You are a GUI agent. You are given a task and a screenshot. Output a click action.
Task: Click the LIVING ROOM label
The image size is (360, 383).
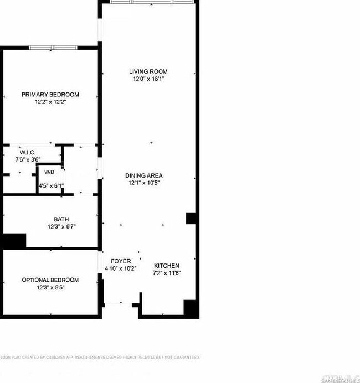(x=148, y=71)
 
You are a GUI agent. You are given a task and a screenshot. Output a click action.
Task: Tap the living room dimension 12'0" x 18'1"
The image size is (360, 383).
(x=148, y=79)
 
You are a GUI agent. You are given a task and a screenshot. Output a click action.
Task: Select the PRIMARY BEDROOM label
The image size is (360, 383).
(x=50, y=95)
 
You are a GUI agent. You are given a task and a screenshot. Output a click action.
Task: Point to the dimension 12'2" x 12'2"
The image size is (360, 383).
(x=50, y=102)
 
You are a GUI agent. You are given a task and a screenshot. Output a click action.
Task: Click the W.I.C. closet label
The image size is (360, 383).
(x=28, y=152)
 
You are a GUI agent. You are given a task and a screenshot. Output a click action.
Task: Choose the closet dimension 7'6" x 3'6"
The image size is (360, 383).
(x=28, y=159)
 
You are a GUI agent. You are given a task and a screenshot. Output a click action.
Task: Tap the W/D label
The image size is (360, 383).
(x=49, y=172)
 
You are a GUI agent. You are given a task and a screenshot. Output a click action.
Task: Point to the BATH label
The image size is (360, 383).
(x=61, y=219)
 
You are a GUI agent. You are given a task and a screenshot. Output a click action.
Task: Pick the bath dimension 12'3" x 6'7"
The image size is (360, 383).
(x=61, y=226)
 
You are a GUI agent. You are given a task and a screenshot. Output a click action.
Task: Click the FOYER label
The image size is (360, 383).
(x=121, y=261)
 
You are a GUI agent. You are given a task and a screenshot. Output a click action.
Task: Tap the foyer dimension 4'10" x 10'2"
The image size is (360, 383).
(x=121, y=268)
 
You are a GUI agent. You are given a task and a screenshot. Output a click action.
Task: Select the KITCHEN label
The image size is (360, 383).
(x=167, y=266)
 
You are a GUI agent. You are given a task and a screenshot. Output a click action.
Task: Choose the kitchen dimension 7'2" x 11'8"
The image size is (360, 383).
(x=167, y=273)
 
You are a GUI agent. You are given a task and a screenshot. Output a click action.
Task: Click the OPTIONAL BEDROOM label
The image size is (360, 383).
(x=50, y=280)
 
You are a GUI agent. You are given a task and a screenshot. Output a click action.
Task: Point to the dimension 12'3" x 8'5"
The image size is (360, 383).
(x=50, y=287)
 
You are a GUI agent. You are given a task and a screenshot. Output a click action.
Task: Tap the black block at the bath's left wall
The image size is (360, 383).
(x=15, y=241)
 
